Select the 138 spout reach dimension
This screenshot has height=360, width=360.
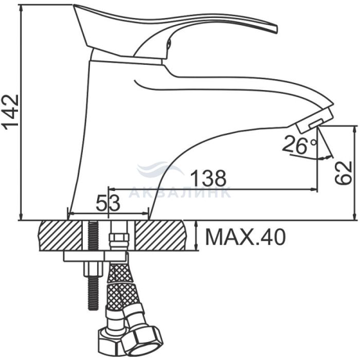point(208,178)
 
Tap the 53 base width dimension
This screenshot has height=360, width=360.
point(108,203)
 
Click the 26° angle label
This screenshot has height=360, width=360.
point(300,145)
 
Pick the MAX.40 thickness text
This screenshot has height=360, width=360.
point(245,237)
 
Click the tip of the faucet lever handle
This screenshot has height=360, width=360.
point(276,29)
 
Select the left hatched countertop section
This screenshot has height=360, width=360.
point(61,236)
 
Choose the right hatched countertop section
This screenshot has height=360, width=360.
point(160,236)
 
